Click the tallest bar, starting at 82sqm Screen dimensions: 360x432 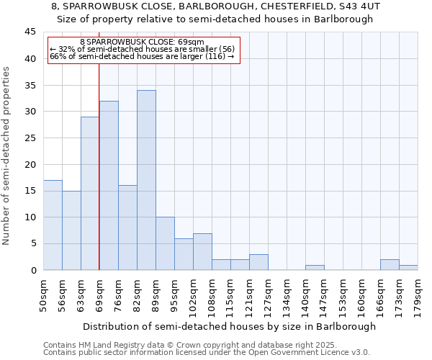(146, 180)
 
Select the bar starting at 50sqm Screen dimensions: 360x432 (53, 225)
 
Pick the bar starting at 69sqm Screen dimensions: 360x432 (109, 185)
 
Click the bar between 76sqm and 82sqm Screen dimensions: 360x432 (127, 228)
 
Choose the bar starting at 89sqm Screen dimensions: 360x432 (165, 243)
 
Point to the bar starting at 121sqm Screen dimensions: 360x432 (258, 262)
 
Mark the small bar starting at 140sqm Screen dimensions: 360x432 (315, 267)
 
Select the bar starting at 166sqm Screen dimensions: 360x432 (390, 264)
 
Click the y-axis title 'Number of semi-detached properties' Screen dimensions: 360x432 (7, 156)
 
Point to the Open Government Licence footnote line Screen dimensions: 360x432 (207, 352)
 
